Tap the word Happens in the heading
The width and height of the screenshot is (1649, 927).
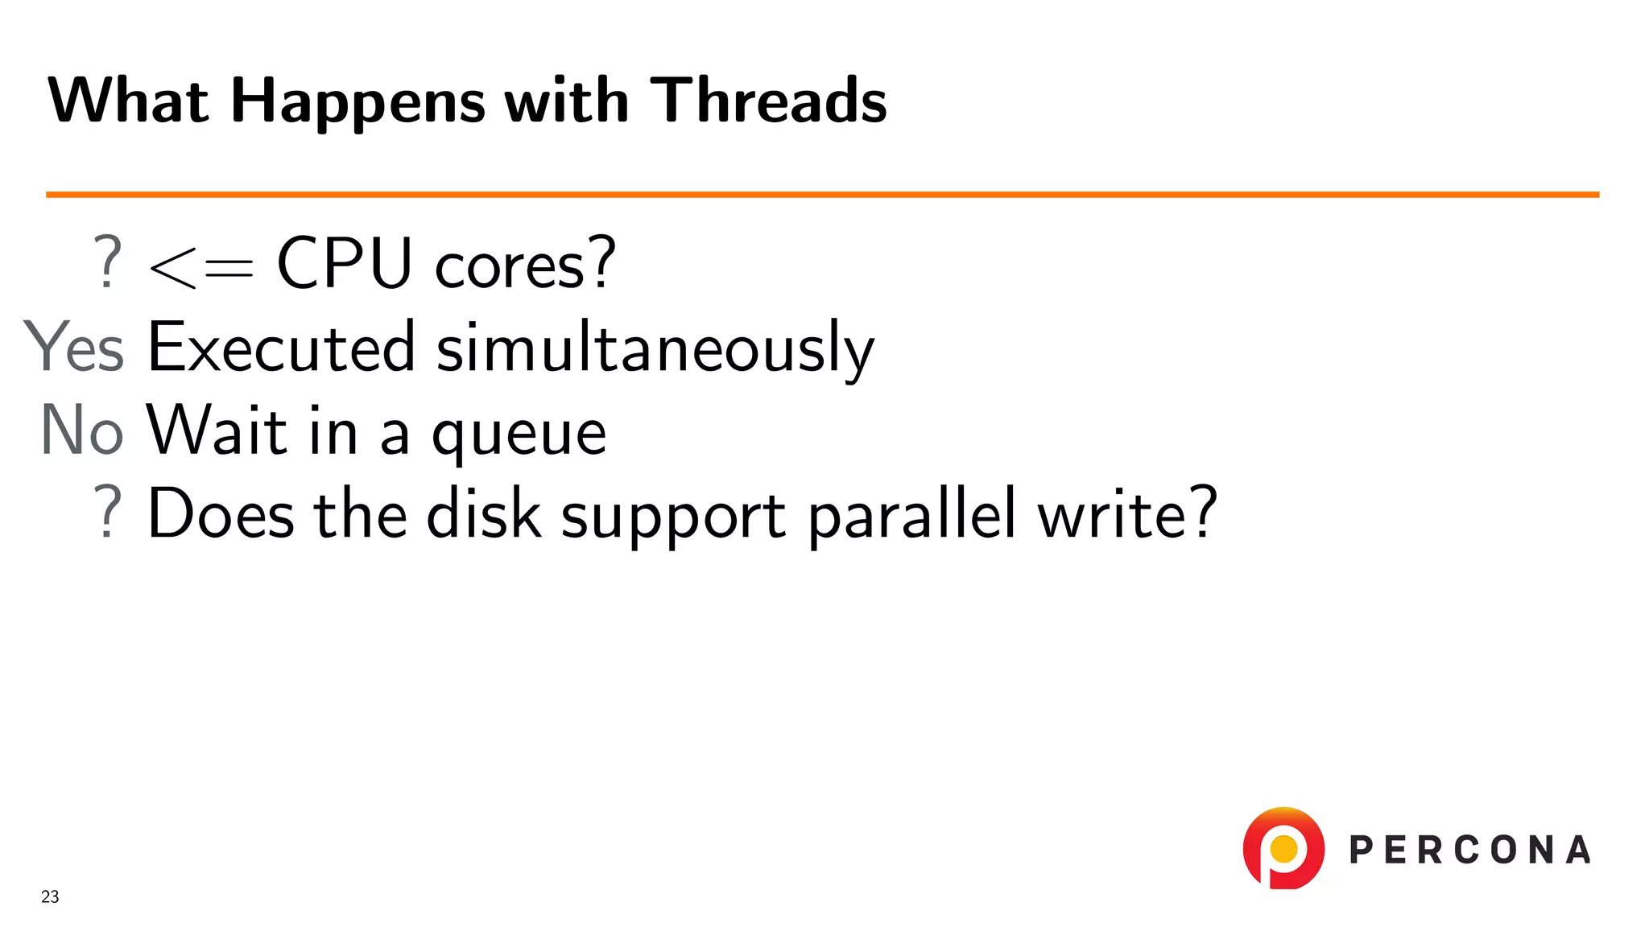[357, 102]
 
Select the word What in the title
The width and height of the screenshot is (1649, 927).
[129, 101]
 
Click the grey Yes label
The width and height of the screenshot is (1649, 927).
[74, 347]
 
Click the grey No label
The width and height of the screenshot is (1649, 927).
[82, 430]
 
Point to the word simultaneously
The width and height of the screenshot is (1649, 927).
[655, 348]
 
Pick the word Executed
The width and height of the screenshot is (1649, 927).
[281, 347]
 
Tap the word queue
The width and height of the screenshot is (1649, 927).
[519, 435]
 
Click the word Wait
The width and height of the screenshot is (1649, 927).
[217, 430]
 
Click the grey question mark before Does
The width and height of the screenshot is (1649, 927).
[108, 512]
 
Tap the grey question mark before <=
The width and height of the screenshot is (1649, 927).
[108, 262]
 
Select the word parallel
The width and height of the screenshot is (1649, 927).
[911, 515]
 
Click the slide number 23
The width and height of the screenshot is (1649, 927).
[50, 896]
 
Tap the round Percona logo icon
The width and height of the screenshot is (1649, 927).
[1283, 848]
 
